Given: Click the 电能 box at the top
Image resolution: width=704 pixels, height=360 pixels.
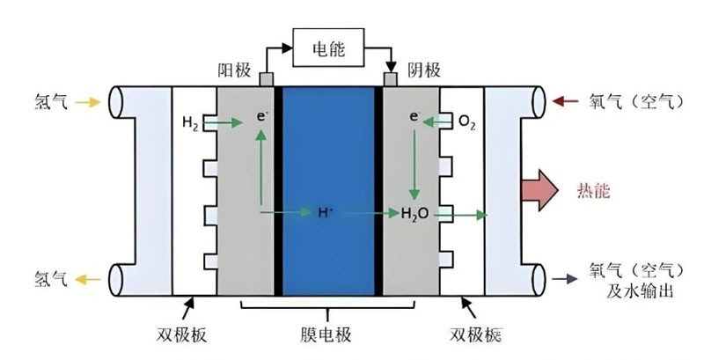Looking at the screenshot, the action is [x=328, y=48].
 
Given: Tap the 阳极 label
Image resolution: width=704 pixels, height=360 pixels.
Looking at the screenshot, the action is [x=234, y=70].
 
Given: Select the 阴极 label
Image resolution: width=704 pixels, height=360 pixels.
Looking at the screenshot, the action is [x=424, y=70].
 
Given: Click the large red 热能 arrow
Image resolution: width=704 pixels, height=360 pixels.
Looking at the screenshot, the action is [x=539, y=190].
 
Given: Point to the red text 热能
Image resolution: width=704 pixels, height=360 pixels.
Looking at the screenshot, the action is [x=593, y=191].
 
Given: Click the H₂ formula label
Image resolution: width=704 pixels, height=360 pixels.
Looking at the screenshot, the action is [x=190, y=123].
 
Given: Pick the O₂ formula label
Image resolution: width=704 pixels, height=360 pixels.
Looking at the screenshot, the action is [x=467, y=121].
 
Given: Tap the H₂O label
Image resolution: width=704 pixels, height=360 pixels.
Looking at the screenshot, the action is [x=414, y=214].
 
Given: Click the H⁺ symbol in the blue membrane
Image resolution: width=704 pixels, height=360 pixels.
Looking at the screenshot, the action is [x=326, y=212].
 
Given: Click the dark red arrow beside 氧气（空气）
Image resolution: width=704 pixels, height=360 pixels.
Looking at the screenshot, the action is [x=565, y=101].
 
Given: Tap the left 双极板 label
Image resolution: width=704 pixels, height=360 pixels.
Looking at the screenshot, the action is [x=182, y=334].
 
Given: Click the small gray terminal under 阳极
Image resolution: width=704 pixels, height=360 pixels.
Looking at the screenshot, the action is [x=267, y=79].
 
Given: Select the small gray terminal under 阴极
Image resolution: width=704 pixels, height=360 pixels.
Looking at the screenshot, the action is [x=391, y=79].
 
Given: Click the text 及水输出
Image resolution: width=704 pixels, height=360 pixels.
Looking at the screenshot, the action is [x=640, y=291].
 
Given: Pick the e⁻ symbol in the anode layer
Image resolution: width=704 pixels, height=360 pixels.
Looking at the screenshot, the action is [x=262, y=117].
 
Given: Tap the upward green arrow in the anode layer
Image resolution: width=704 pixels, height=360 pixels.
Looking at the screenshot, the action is [x=260, y=167].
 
